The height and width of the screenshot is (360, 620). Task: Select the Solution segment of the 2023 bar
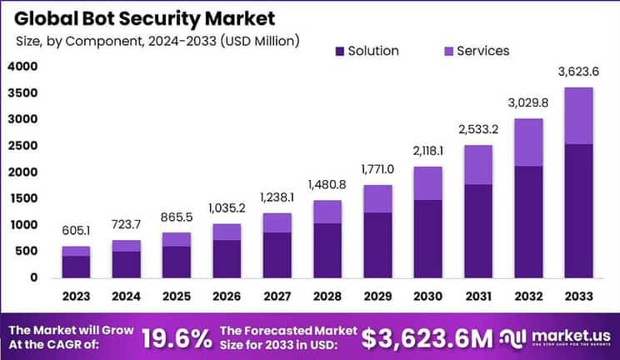pos(76,267)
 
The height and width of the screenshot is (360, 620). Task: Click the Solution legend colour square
pos(337,51)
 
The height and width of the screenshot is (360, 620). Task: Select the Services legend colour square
pos(447,51)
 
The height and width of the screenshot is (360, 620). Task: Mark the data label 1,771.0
pos(377,170)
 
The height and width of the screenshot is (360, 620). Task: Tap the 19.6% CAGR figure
pos(176,337)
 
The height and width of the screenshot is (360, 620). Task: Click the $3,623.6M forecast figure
pos(427,337)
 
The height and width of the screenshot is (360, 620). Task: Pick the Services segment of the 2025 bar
pos(176,239)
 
